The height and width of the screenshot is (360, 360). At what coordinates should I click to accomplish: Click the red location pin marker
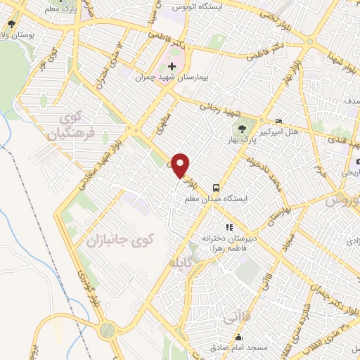click(181, 165)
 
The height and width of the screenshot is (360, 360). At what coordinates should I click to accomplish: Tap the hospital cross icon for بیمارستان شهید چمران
click(172, 66)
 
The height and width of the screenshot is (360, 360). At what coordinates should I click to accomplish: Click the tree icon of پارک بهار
click(242, 128)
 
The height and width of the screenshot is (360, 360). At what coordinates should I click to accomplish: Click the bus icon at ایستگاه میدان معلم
click(216, 188)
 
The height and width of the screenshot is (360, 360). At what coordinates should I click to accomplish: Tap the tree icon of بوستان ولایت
click(12, 23)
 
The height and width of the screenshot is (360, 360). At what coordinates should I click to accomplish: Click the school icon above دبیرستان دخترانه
click(229, 227)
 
